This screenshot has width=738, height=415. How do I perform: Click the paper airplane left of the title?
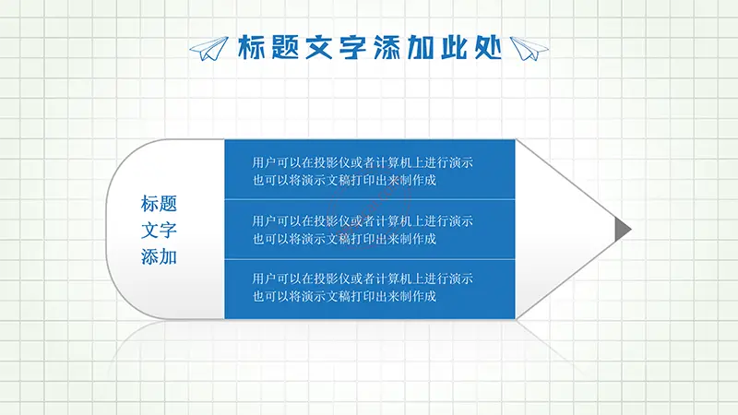pos(209,49)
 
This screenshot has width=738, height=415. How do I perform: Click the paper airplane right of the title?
pos(530,49)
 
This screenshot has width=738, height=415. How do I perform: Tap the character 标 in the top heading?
pos(252,47)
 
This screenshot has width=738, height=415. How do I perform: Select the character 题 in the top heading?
pos(286,47)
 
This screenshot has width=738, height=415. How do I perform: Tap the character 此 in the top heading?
pos(454,47)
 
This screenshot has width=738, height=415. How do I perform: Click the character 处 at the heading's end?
pos(488,47)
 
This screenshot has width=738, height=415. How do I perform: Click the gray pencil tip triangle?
pos(621,229)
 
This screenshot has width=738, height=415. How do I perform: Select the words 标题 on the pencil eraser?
pos(159,204)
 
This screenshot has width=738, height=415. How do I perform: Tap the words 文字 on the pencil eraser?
pos(159,230)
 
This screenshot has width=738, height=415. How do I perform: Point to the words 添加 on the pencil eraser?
pos(159,257)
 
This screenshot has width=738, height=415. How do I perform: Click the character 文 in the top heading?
pos(319,47)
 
